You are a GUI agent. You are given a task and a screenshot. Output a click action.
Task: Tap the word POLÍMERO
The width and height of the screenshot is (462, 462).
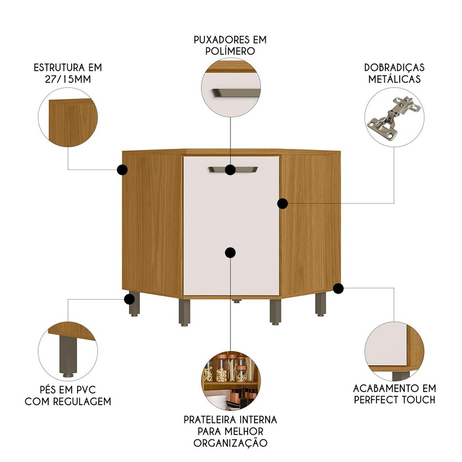(x=230, y=51)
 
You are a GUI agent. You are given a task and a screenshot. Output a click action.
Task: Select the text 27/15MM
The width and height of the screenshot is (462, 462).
(x=68, y=79)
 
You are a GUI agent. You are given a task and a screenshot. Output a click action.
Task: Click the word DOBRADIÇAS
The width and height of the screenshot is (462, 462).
(x=394, y=68)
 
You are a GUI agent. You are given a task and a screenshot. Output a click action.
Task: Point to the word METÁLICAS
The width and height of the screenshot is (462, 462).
(x=394, y=79)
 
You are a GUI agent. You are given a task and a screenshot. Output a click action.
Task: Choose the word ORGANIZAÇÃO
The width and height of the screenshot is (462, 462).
(x=231, y=443)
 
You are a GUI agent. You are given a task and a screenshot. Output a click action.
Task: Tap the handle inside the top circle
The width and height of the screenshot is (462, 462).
(x=235, y=92)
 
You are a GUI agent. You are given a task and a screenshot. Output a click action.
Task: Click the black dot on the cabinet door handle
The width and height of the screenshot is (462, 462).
(x=230, y=170)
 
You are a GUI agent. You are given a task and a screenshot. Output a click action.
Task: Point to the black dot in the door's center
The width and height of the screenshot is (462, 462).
(x=230, y=253)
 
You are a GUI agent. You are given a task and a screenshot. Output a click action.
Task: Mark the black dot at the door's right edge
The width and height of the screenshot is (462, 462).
(x=282, y=203)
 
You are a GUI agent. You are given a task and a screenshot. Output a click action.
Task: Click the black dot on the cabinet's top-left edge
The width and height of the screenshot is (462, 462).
(x=122, y=170)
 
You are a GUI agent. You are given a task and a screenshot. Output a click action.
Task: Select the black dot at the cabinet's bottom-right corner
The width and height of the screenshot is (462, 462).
(x=338, y=288)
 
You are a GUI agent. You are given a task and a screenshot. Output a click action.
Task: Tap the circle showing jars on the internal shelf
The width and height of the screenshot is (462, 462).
(x=231, y=380)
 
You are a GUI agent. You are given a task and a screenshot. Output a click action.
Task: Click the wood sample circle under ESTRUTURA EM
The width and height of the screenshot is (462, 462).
(x=68, y=117)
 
